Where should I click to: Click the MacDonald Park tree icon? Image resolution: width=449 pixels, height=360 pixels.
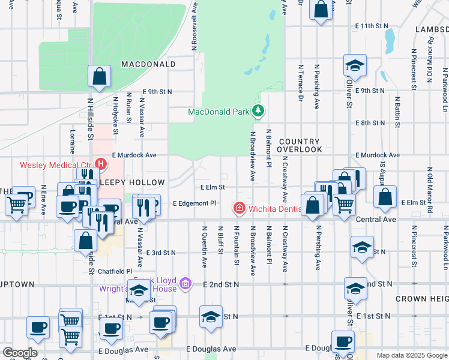tap(258, 111)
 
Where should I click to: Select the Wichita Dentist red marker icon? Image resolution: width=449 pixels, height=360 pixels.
tap(239, 208)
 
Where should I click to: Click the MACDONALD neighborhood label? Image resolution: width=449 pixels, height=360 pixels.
tap(148, 64)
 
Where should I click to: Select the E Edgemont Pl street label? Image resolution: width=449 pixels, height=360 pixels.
tap(194, 203)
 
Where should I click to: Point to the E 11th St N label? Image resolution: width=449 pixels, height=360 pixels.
tap(372, 26)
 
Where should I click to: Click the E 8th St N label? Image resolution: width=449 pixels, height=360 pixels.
tap(370, 123)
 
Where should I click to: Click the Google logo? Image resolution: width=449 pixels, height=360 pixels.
tap(20, 353)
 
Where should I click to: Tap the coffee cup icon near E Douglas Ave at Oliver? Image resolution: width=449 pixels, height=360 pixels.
tap(343, 341)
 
